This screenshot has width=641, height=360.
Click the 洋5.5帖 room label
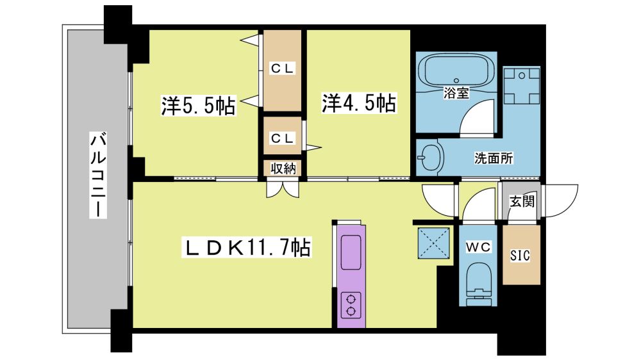pyautogui.click(x=198, y=106)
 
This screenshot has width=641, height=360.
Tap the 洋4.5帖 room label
pyautogui.click(x=358, y=102)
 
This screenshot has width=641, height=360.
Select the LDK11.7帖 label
pyautogui.click(x=247, y=247)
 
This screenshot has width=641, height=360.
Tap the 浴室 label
pyautogui.click(x=456, y=93)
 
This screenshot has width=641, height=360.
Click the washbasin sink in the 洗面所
pyautogui.click(x=430, y=158)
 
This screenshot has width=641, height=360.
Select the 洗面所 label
pyautogui.click(x=494, y=158)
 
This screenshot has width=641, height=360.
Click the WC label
pyautogui.click(x=478, y=247)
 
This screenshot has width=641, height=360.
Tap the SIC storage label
pyautogui.click(x=520, y=256)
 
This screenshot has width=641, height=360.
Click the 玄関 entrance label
pyautogui.click(x=522, y=201)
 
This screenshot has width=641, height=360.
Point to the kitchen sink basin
pyautogui.click(x=351, y=252)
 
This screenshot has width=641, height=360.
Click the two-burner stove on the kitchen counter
pyautogui.click(x=351, y=305)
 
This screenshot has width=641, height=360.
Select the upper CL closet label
pyautogui.click(x=282, y=69)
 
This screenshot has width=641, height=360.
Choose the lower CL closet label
pyautogui.click(x=282, y=138)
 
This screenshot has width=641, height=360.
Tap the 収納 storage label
pyautogui.click(x=283, y=168)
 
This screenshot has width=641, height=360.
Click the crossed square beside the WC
pyautogui.click(x=434, y=243)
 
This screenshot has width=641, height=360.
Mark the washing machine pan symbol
pyautogui.click(x=522, y=86)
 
